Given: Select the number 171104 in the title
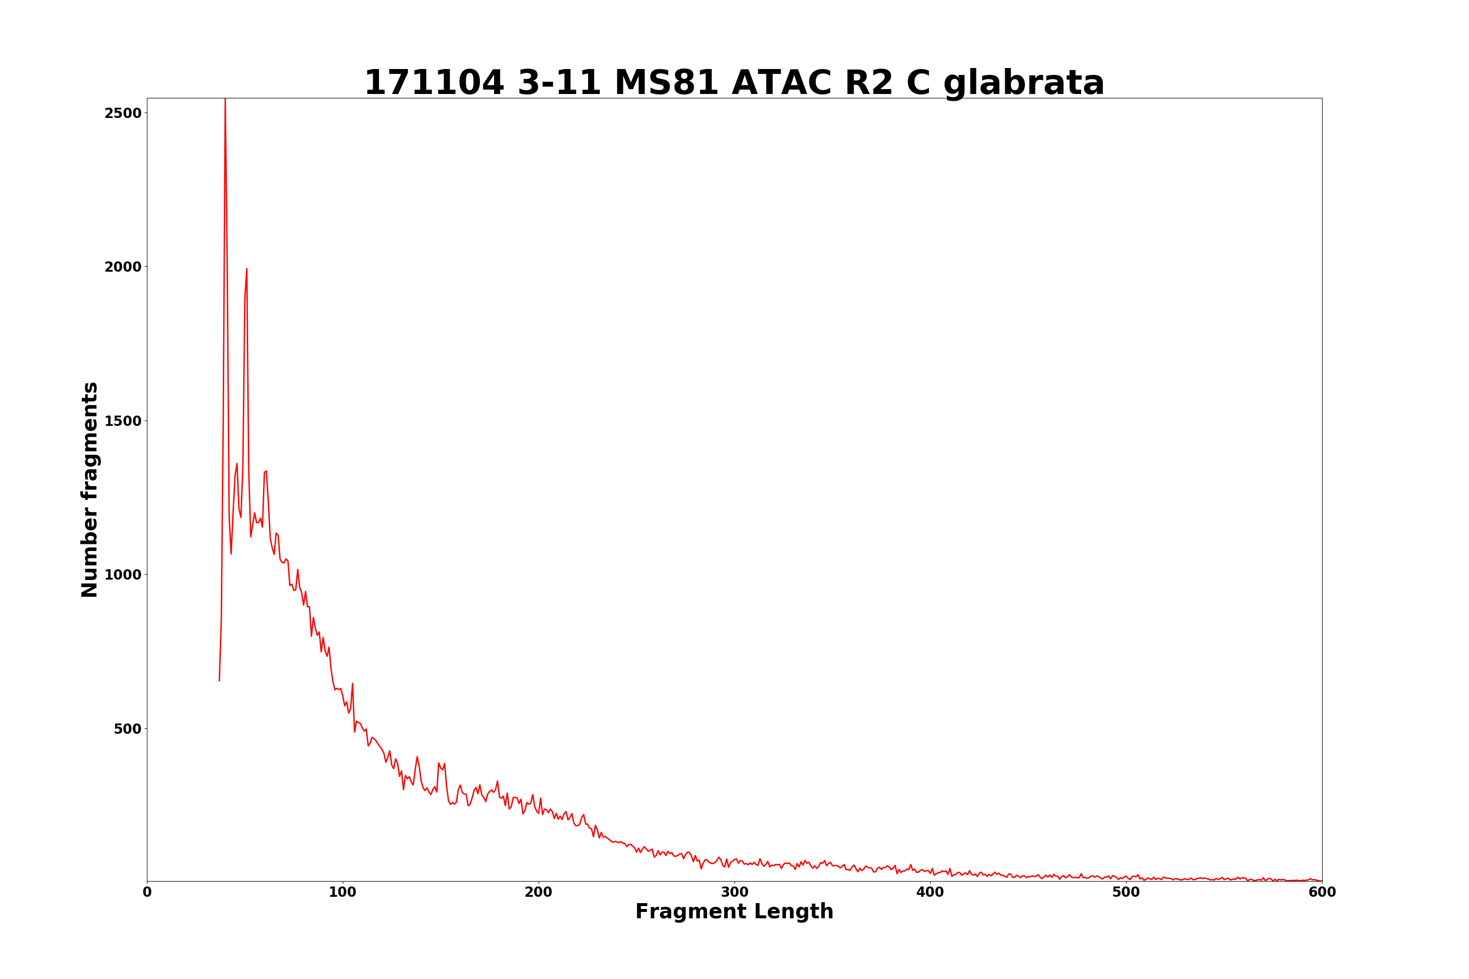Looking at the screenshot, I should click(x=433, y=83).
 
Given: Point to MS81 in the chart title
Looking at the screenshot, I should click(x=666, y=83).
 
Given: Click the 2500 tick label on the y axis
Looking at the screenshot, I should click(x=123, y=113).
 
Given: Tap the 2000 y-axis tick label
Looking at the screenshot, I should click(x=123, y=267).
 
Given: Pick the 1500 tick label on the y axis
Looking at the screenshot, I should click(x=123, y=421).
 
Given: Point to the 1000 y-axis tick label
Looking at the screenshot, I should click(x=123, y=575).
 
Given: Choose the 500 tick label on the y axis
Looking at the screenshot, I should click(x=127, y=729).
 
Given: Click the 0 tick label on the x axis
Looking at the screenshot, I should click(x=147, y=892).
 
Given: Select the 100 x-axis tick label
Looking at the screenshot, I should click(x=343, y=892).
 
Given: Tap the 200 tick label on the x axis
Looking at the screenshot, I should click(x=538, y=892).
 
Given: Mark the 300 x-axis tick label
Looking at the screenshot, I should click(x=734, y=892).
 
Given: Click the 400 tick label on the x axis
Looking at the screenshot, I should click(x=930, y=892).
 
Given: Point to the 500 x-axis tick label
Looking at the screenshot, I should click(x=1126, y=892).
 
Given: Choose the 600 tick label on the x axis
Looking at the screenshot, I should click(x=1322, y=892).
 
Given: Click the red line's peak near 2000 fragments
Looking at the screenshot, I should click(x=247, y=269).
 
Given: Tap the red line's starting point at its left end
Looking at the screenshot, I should click(x=219, y=680).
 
